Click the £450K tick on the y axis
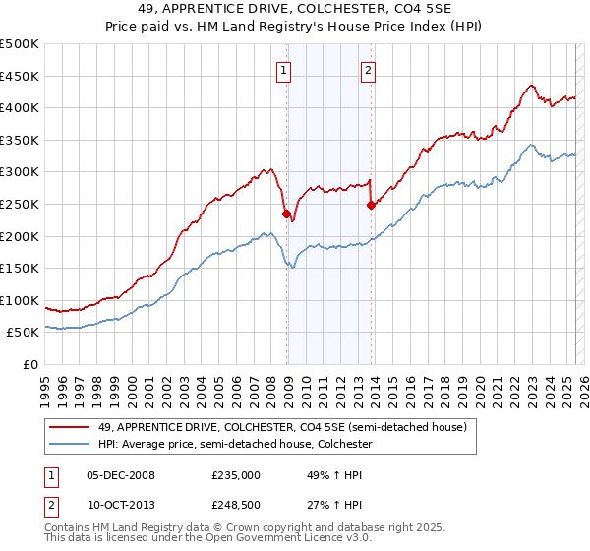click(x=20, y=76)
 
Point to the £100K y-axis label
click(x=20, y=300)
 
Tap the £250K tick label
click(x=20, y=204)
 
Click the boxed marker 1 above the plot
click(x=284, y=69)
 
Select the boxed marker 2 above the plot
click(x=368, y=69)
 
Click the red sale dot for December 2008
click(x=286, y=214)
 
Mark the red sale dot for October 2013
click(x=371, y=205)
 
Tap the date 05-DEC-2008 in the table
click(x=121, y=475)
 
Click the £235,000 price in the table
click(x=236, y=475)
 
